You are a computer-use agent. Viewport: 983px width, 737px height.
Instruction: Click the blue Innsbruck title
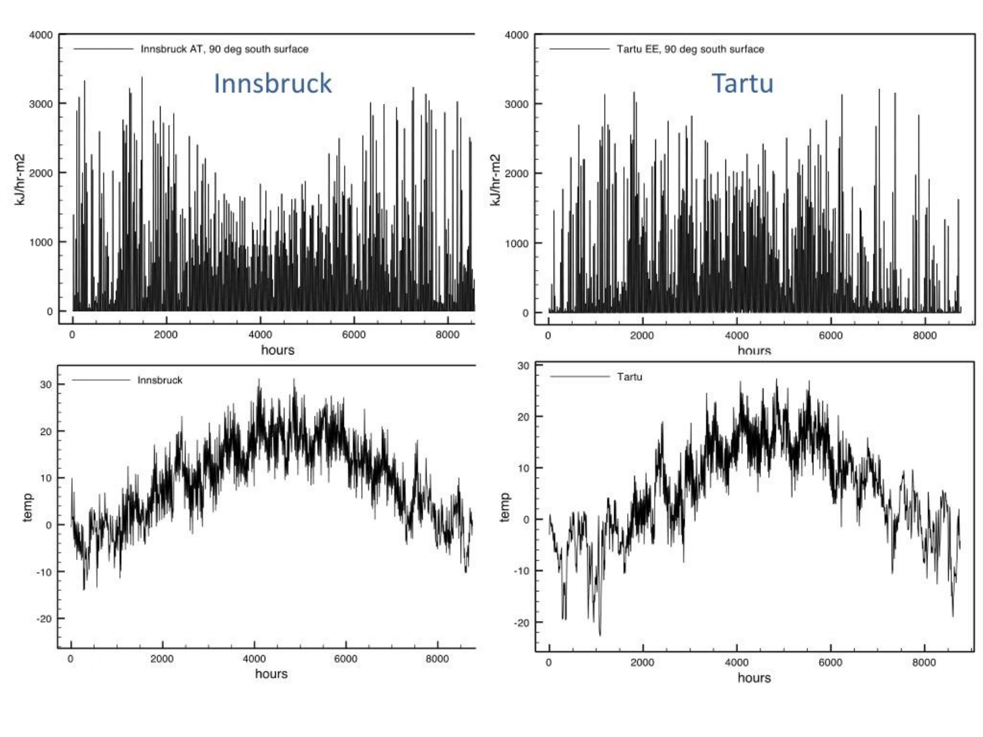[x=273, y=83]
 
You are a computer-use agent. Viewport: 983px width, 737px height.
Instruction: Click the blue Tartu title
[x=742, y=83]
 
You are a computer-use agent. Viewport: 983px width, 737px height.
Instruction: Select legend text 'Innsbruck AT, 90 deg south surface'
[x=224, y=49]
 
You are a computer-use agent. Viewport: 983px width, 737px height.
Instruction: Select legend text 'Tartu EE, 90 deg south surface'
[x=690, y=49]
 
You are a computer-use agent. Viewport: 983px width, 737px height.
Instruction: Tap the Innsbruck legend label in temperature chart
[x=160, y=380]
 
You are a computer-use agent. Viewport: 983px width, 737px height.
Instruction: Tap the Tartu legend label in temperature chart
[x=629, y=377]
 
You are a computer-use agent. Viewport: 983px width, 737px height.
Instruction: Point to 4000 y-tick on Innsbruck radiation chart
[x=41, y=35]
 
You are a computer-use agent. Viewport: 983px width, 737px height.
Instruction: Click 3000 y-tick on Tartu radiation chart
[x=516, y=104]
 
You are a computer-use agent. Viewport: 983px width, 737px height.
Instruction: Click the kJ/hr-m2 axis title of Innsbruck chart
[x=20, y=180]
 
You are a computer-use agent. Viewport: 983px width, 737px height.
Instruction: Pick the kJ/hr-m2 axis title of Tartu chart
[x=495, y=180]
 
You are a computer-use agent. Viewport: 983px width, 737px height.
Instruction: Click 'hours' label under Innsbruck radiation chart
[x=278, y=350]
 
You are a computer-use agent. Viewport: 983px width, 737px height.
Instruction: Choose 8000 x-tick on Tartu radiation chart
[x=925, y=335]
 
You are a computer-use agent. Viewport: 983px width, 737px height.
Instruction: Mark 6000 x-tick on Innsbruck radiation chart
[x=354, y=334]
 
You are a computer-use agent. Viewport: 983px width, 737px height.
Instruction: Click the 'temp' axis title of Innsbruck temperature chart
[x=28, y=508]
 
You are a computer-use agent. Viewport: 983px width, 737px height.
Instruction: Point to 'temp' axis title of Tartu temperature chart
[x=505, y=508]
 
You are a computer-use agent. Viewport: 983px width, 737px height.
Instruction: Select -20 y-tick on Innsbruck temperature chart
[x=43, y=618]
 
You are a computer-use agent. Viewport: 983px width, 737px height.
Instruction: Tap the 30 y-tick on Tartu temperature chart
[x=523, y=366]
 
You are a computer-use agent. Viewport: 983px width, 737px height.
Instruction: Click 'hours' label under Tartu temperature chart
[x=754, y=677]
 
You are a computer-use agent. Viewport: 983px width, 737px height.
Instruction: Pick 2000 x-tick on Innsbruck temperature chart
[x=162, y=658]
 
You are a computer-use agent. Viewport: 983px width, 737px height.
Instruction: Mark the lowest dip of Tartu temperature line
[x=600, y=633]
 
